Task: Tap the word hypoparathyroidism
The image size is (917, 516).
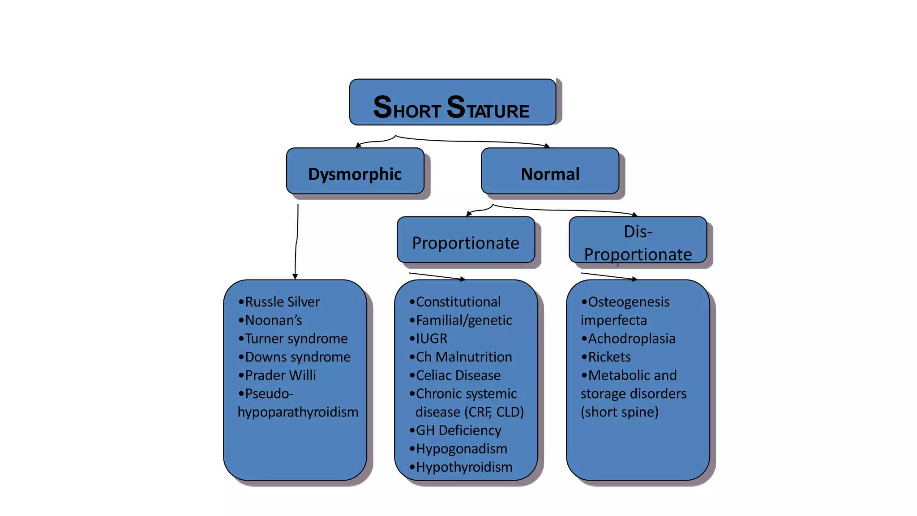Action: pos(298,412)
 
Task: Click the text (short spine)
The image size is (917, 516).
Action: pos(619,412)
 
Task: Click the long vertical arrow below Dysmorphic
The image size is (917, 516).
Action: pos(296,242)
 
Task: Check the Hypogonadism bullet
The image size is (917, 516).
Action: pos(461,449)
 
